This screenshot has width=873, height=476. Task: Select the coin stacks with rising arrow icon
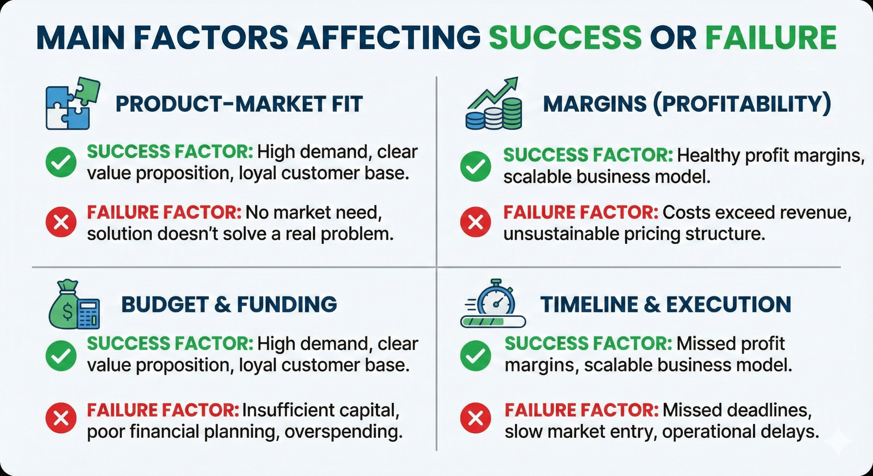tap(494, 104)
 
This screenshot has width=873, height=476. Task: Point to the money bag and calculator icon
tap(74, 304)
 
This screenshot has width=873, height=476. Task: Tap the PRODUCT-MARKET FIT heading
tap(239, 104)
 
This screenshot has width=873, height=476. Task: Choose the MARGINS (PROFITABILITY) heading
tap(687, 104)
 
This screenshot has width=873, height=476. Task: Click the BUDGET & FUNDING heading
tap(229, 305)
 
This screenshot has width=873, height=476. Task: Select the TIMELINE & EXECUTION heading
tap(666, 305)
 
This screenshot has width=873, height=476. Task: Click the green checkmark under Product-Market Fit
tap(61, 162)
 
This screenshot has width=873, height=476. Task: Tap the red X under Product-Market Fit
tap(61, 222)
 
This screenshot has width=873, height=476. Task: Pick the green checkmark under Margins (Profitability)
tap(476, 166)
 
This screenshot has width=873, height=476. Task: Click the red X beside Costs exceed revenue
tap(476, 222)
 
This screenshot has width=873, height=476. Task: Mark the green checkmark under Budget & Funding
tap(61, 355)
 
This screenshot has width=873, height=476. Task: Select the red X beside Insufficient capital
tap(61, 417)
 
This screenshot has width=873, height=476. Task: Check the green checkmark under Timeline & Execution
tap(476, 355)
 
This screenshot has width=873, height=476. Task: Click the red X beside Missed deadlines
tap(476, 417)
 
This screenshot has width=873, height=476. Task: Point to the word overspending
tap(343, 432)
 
